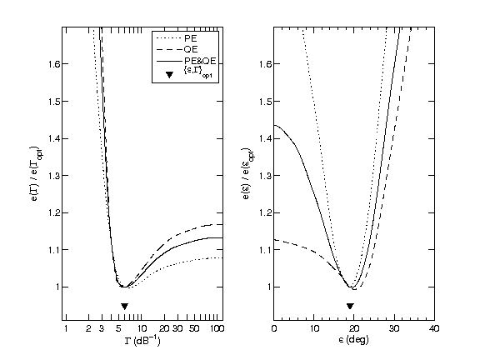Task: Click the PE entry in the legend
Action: (190, 37)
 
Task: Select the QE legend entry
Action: (190, 48)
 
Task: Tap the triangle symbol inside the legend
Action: (170, 75)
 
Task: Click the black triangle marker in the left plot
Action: (124, 306)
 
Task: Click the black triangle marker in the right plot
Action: (351, 306)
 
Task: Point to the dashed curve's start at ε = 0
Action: (275, 240)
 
